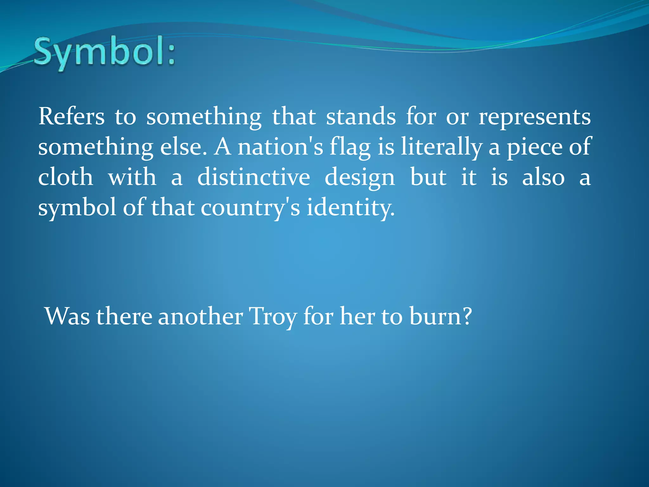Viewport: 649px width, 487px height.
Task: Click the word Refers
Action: point(71,117)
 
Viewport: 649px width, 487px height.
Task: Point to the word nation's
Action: point(280,147)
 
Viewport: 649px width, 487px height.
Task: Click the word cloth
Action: point(66,177)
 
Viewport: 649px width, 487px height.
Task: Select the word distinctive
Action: point(254,177)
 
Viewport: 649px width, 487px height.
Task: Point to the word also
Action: point(543,177)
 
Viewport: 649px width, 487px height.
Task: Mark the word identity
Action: point(350,208)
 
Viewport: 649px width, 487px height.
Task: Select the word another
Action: point(200,316)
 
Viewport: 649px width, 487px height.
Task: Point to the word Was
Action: point(67,316)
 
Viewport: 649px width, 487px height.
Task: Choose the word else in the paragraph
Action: point(183,147)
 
